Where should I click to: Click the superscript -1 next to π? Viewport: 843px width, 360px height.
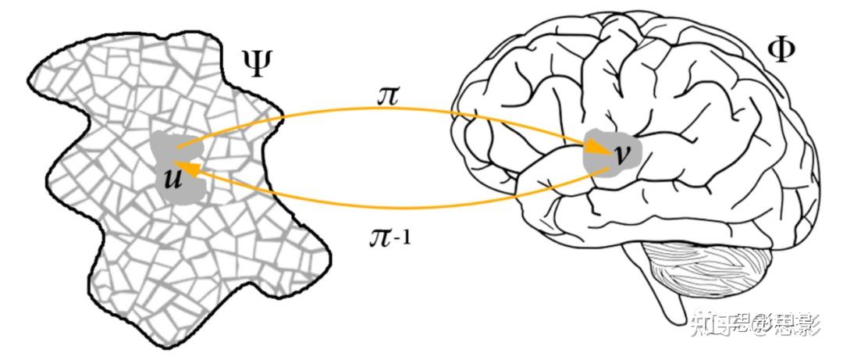(x=403, y=231)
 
